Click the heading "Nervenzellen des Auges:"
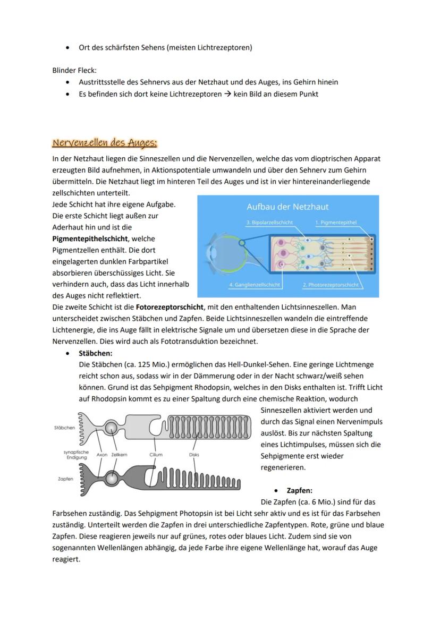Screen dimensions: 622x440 click(x=105, y=143)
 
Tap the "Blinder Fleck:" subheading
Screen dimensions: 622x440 click(x=74, y=70)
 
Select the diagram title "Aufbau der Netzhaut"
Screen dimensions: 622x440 click(x=287, y=207)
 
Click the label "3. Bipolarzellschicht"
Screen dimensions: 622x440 click(x=269, y=222)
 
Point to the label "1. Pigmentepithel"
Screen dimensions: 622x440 click(x=336, y=222)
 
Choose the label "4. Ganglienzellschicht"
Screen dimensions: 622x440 click(x=255, y=285)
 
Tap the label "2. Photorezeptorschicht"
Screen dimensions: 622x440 click(x=331, y=285)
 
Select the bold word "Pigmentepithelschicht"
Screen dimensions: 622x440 click(x=90, y=238)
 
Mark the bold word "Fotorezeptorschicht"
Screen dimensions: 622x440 click(x=170, y=307)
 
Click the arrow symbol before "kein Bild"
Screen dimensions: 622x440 click(x=227, y=94)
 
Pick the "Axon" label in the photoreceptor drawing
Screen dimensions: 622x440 click(x=102, y=455)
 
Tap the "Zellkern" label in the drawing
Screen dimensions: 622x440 click(x=120, y=455)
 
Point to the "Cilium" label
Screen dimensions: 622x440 click(x=156, y=455)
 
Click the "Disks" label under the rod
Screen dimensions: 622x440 click(x=194, y=455)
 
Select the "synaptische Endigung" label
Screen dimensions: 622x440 click(x=76, y=455)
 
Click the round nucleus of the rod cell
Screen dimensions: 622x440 click(x=111, y=427)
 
